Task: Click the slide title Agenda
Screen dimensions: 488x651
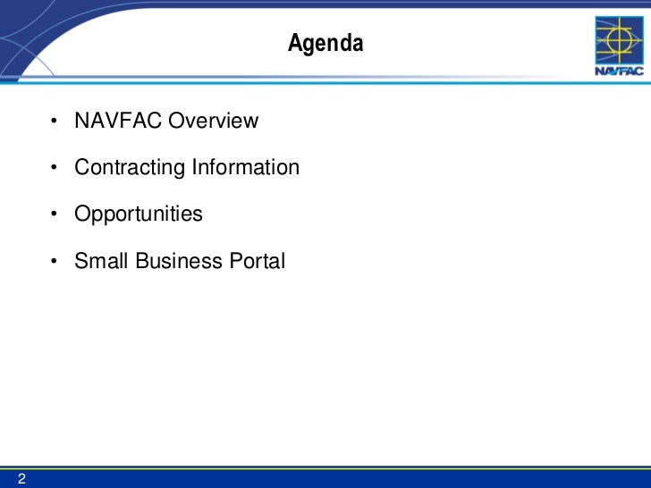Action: coord(325,43)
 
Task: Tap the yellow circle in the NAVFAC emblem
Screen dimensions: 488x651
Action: coord(617,41)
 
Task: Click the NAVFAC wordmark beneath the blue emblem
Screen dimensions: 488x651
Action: coord(617,73)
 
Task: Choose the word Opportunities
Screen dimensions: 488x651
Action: coord(139,215)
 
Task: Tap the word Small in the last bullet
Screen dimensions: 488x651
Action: coord(101,261)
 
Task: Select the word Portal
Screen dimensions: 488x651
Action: coord(257,261)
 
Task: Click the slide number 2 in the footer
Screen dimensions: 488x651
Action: coord(21,479)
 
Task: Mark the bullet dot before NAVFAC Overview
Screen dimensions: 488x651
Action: coord(55,121)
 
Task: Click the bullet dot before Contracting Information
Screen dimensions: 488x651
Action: coord(55,168)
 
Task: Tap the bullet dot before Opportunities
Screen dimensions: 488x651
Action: coord(55,215)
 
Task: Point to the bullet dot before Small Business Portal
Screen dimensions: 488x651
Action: coord(55,262)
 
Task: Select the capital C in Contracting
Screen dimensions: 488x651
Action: coord(82,167)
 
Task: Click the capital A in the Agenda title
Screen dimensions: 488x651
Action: coord(294,43)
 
